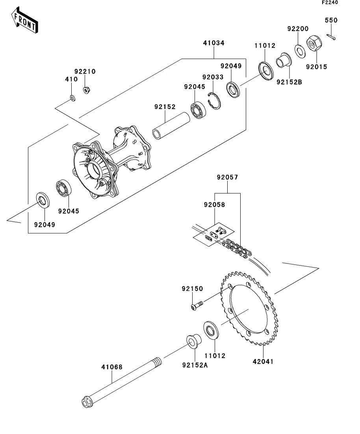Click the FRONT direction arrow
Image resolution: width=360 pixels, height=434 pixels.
[24, 20]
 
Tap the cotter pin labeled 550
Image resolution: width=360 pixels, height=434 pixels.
[331, 37]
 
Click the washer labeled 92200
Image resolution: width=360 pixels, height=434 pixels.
[300, 51]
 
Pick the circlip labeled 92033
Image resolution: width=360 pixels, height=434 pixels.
[214, 101]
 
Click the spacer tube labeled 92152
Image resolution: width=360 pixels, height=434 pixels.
[171, 126]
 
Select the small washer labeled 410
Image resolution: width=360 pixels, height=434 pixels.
[72, 98]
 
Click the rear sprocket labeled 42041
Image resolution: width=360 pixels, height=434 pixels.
[249, 308]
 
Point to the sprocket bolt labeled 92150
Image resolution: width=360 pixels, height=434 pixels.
[197, 306]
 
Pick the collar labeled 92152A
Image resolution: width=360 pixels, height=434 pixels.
[194, 341]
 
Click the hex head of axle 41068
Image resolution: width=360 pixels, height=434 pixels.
[87, 402]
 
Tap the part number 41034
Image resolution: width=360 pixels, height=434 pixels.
[213, 43]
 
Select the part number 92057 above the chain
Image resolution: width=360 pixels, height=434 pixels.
[228, 177]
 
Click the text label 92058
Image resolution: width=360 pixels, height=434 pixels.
[215, 205]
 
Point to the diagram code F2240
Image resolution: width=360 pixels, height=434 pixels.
[330, 2]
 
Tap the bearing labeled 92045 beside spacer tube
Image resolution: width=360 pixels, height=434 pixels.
[199, 111]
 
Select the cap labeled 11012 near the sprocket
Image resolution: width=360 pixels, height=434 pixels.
[211, 330]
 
